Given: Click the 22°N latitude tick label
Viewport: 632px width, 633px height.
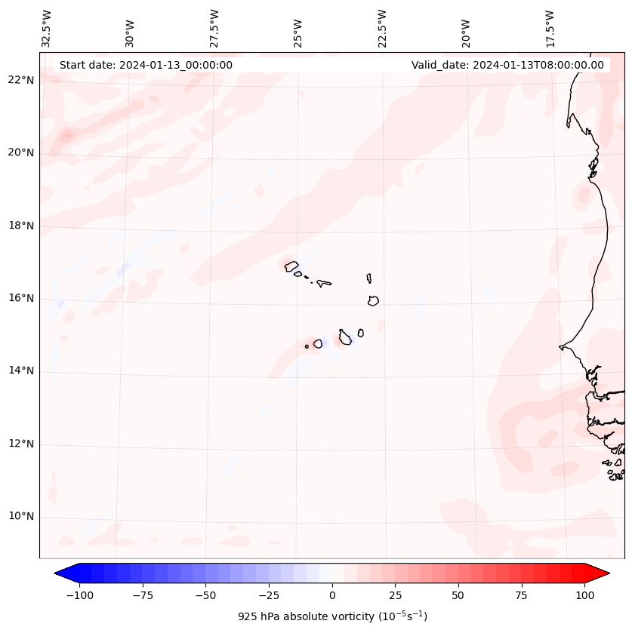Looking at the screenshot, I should click(21, 80).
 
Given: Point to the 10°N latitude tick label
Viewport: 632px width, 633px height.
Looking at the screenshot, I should click(21, 517).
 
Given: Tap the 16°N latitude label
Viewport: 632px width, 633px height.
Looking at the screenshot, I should click(21, 298).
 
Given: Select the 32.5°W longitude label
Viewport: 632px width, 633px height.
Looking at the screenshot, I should click(47, 29).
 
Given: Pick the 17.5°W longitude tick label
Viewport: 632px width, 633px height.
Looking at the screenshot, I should click(550, 29).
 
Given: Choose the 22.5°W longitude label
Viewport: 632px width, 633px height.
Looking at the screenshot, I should click(382, 29).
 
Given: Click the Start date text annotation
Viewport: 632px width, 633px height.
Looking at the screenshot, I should click(146, 65).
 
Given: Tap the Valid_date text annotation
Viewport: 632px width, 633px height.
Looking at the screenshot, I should click(507, 65).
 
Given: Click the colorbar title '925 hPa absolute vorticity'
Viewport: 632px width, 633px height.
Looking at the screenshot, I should click(332, 616).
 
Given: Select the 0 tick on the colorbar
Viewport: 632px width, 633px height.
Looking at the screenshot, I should click(332, 595).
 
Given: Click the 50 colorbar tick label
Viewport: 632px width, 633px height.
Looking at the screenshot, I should click(458, 595).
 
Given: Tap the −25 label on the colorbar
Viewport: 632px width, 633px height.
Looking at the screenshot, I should click(269, 595).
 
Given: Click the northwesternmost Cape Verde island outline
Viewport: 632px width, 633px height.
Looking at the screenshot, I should click(291, 266).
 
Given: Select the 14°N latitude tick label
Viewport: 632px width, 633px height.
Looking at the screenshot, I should click(21, 370).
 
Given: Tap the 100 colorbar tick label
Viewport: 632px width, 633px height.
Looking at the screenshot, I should click(584, 595).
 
